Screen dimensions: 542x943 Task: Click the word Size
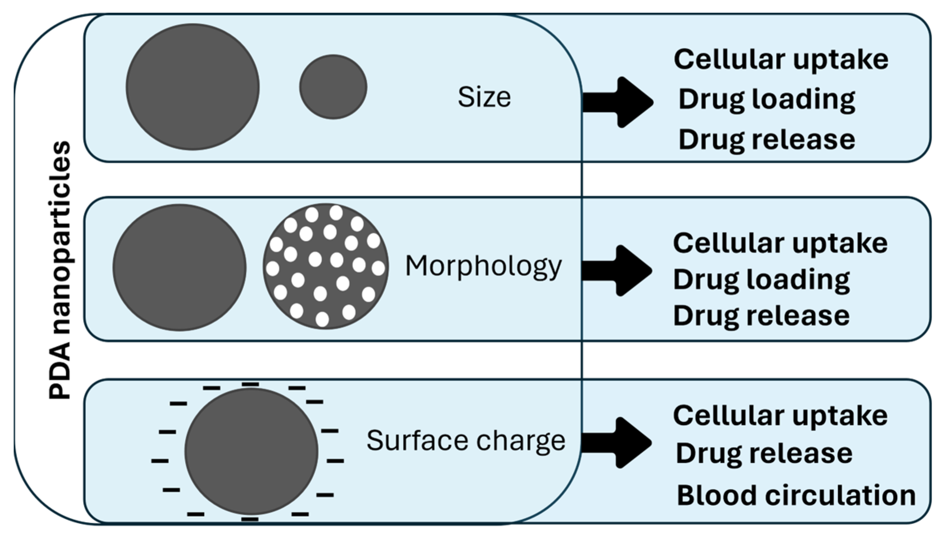click(484, 97)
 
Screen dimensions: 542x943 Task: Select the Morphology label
click(483, 267)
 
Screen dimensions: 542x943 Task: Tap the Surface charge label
click(466, 441)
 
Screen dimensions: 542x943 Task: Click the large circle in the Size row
click(193, 87)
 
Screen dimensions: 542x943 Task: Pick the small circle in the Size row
click(333, 87)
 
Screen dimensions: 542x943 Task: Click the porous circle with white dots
click(326, 266)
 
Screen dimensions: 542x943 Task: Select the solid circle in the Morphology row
click(179, 267)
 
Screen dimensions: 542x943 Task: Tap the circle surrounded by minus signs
click(251, 451)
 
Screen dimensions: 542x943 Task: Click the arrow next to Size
click(618, 102)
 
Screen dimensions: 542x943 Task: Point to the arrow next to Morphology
click(617, 271)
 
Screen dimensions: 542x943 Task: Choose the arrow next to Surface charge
click(617, 443)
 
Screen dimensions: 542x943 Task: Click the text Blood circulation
click(796, 495)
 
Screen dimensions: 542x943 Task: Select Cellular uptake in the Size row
click(781, 60)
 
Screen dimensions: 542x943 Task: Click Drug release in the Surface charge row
click(764, 454)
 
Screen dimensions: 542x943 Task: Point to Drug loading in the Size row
click(767, 100)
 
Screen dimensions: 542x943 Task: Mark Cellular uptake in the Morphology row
click(780, 243)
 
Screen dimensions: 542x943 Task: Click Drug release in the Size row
click(767, 140)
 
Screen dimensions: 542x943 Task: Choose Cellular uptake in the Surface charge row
click(780, 416)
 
